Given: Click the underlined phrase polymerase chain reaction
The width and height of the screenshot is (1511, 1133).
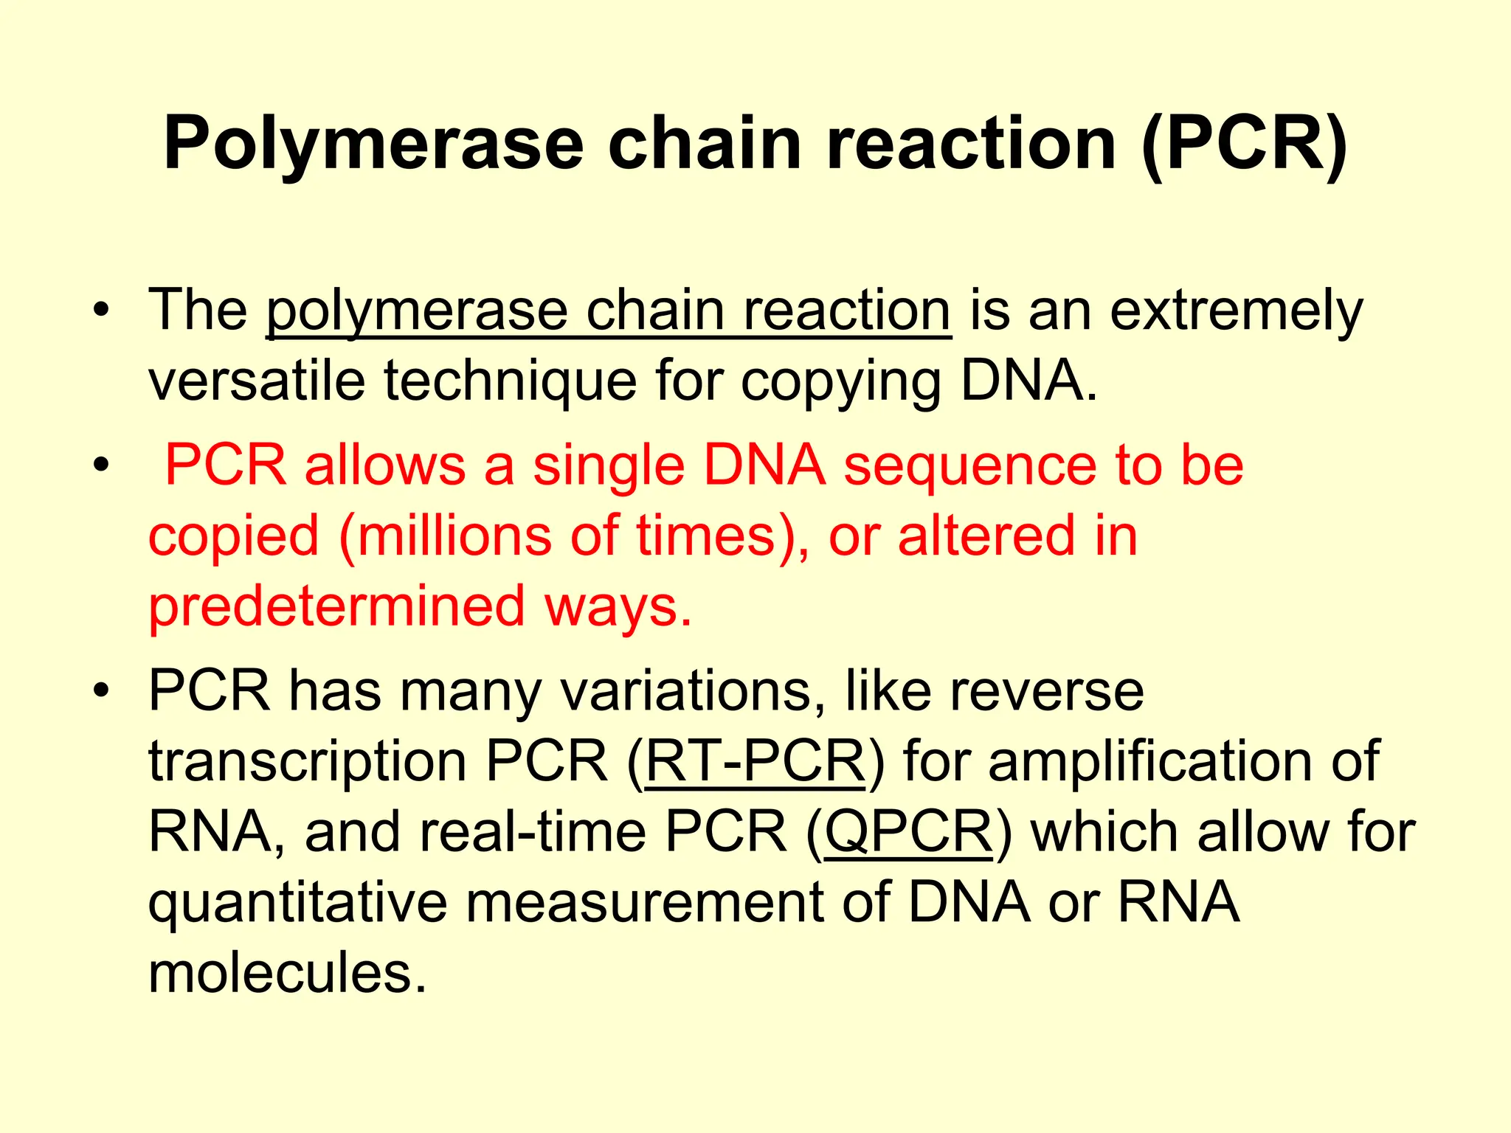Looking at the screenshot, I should pos(609,311).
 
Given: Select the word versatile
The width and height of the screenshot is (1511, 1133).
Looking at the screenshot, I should pos(257,381).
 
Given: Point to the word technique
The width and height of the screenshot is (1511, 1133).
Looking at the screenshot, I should pos(510,381).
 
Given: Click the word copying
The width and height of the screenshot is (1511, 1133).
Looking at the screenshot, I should pos(841,382).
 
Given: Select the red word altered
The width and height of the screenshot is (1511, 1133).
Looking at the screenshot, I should pos(986,536).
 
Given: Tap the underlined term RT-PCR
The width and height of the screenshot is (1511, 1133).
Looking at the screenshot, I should pos(755,761).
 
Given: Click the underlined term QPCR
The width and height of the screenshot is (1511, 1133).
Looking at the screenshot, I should pos(908,832).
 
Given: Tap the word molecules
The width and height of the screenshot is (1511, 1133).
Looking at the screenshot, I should pos(288,973).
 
